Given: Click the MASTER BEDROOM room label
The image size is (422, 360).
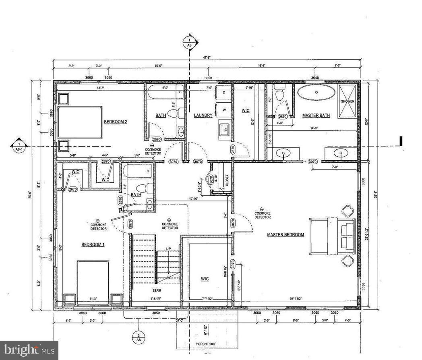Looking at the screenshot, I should pos(285,235).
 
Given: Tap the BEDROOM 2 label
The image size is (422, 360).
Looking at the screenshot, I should pos(116,122).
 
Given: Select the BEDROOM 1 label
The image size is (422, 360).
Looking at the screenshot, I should pos(93,244).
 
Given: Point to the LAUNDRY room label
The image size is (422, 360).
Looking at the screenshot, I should pos(203,116).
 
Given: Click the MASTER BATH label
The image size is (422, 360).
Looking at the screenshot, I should pos(316,116).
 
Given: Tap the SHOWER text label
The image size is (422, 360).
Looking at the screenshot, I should pos(348,101).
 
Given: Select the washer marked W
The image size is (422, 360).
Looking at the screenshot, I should pos(224,110).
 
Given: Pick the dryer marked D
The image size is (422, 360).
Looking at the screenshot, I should pos(224,92).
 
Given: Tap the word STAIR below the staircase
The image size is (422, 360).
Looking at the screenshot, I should pos(157,290).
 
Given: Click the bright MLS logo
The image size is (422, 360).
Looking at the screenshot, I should pos(29,350).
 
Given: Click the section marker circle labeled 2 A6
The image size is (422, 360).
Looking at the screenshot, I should pos(138,337).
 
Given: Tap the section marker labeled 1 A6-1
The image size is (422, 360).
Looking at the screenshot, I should pos(19,146).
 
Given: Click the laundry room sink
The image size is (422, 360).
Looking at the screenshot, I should pos(225,129).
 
